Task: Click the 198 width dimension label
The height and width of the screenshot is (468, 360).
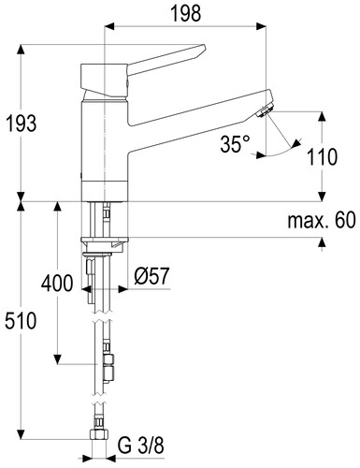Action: [x=186, y=14]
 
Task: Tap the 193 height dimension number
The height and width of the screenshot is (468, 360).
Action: [x=22, y=124]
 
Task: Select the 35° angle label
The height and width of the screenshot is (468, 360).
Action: [x=236, y=144]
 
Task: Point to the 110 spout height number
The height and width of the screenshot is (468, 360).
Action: [x=322, y=156]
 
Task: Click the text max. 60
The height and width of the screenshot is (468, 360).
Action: [x=322, y=220]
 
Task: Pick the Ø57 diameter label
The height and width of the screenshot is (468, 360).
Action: [x=151, y=276]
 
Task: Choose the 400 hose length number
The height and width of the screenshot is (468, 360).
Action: [x=57, y=284]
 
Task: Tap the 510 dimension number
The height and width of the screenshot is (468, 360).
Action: [x=21, y=321]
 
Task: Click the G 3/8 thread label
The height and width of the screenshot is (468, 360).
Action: [x=141, y=446]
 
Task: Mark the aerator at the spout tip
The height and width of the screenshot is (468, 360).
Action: [x=265, y=111]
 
